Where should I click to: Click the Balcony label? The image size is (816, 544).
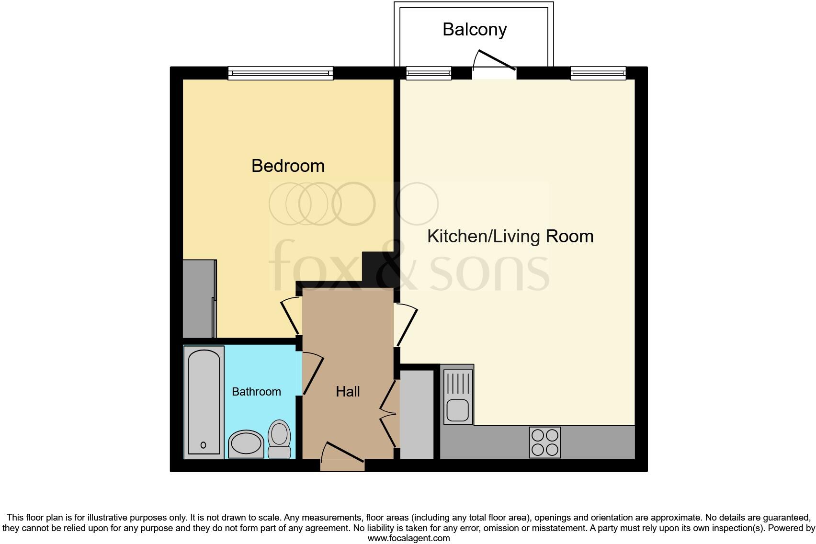click(x=475, y=30)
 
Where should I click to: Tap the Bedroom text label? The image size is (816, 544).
click(x=288, y=166)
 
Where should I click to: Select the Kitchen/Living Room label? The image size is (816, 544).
click(x=510, y=237)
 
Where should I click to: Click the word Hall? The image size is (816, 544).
click(x=348, y=392)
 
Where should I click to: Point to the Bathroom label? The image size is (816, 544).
click(x=256, y=392)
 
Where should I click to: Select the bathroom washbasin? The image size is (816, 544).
click(x=246, y=444)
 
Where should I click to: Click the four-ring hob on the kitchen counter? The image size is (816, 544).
click(x=545, y=442)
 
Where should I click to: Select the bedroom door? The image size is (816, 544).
click(x=290, y=316)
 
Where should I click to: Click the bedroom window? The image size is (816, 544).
click(x=280, y=73)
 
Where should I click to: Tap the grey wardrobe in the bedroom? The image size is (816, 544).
click(x=199, y=299)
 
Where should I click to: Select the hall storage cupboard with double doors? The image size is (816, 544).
click(x=416, y=415)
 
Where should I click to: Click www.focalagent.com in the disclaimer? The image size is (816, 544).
click(x=408, y=538)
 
